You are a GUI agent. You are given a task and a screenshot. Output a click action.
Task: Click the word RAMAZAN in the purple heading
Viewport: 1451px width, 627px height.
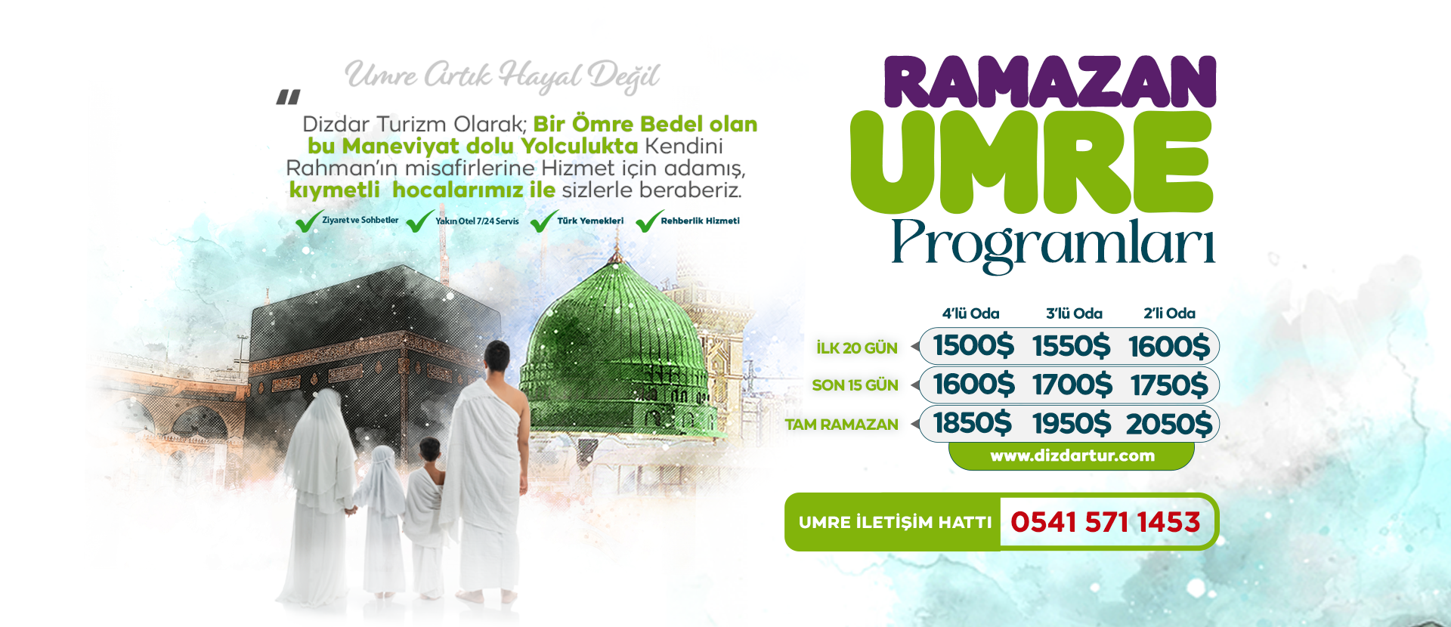coord(1050,82)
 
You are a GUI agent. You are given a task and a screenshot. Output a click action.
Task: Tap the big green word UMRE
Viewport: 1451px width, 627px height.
coord(1032,162)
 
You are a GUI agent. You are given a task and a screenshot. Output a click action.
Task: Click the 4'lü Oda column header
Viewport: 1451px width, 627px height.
coord(970,313)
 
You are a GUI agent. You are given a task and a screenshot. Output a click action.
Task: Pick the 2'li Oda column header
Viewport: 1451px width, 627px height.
coord(1169,313)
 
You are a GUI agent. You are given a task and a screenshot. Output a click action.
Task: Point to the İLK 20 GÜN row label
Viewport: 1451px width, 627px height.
coord(857,348)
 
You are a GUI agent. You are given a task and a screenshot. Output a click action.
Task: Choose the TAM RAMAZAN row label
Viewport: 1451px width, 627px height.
coord(842,425)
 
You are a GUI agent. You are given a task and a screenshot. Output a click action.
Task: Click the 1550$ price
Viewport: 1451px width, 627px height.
coord(1072,346)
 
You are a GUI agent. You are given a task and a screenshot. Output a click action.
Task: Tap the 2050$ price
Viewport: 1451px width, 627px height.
coord(1169,424)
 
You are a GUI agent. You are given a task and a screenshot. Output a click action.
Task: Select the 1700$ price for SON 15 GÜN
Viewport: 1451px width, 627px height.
coord(1072,385)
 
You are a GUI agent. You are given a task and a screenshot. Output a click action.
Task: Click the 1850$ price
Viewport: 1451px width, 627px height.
coord(973,423)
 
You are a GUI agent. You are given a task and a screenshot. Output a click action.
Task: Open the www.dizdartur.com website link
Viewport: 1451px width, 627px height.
coord(1072,456)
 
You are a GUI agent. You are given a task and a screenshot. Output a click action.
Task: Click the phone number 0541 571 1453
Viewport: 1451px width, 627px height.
coord(1105,522)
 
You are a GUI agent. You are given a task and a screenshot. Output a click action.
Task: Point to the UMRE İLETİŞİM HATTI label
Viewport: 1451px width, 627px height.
coord(895,522)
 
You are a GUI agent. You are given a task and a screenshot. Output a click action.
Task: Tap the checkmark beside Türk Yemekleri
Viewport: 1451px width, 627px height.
coord(544,221)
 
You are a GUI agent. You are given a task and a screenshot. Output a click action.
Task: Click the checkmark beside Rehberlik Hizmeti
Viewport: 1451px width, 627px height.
coord(649,221)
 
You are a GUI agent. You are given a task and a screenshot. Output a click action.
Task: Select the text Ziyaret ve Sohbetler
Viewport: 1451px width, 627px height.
coord(360,220)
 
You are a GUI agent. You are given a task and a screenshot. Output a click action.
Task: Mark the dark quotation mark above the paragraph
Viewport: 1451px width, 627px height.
coord(288,97)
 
